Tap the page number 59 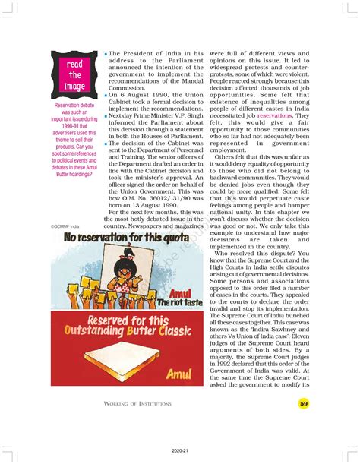pyautogui.click(x=304, y=404)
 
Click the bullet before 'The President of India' pyautogui.click(x=105, y=55)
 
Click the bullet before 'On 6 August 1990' pyautogui.click(x=105, y=93)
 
